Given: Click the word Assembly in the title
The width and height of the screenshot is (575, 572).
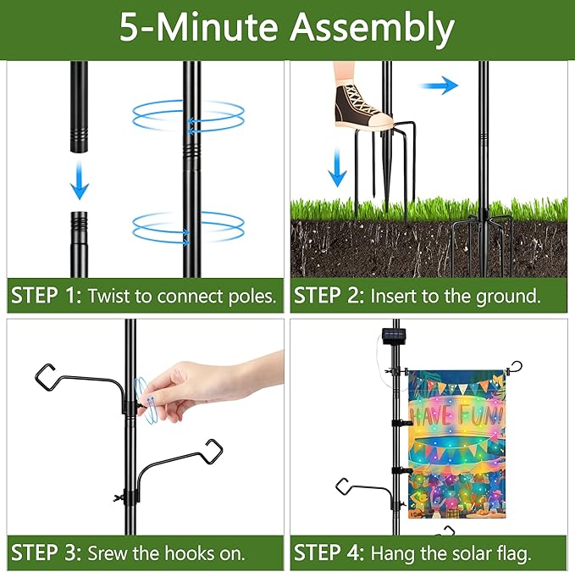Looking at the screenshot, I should [373, 29].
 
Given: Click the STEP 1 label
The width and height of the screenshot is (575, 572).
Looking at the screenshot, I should [46, 297].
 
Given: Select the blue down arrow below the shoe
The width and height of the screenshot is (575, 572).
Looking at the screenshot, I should [337, 166].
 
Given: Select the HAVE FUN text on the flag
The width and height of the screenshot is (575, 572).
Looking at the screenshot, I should [456, 415].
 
